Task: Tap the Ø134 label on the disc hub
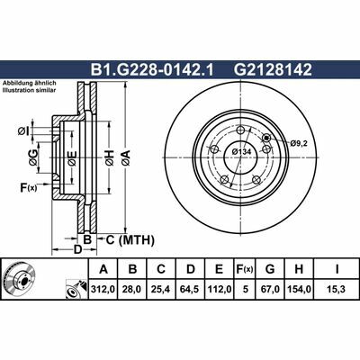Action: pyautogui.click(x=242, y=152)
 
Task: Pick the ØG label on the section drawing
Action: pyautogui.click(x=33, y=159)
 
